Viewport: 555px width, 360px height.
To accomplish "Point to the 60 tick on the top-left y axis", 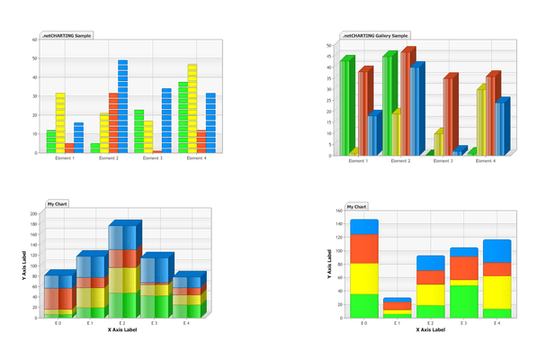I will click(34, 40).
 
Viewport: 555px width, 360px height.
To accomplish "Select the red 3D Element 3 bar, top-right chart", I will click(448, 116).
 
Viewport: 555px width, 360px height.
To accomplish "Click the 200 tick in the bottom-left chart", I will click(33, 214).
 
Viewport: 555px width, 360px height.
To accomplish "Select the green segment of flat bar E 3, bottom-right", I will click(464, 301).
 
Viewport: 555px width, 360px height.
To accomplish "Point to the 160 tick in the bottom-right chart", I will click(339, 211).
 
